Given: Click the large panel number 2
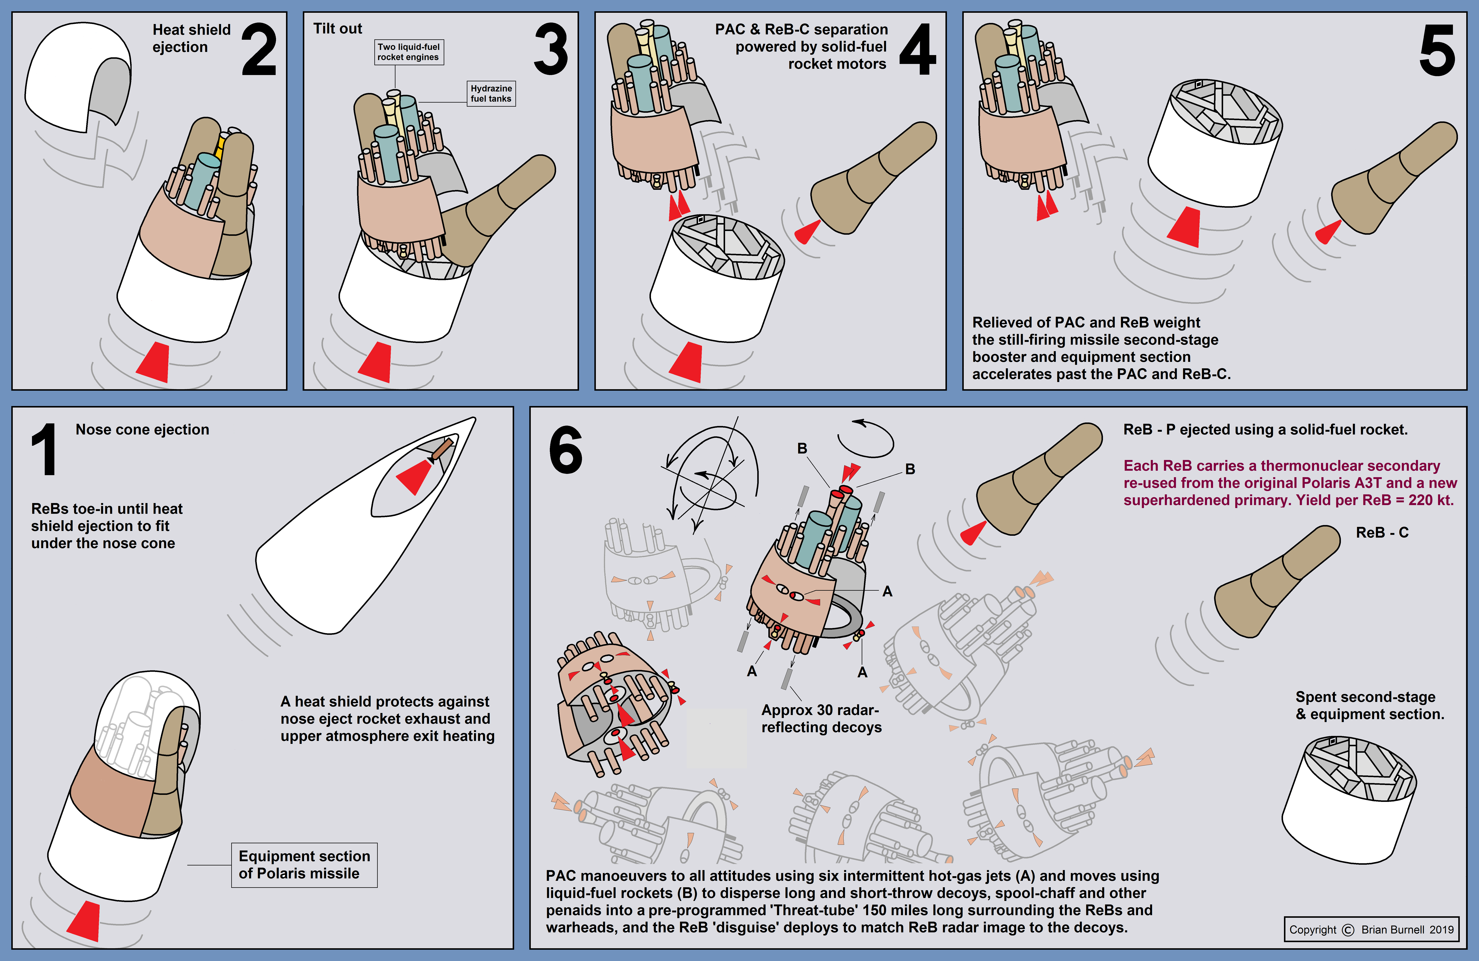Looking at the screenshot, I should [258, 50].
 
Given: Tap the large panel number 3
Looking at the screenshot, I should [551, 50].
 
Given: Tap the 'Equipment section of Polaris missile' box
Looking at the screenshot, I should [304, 865].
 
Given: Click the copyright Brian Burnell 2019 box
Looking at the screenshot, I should [1371, 929].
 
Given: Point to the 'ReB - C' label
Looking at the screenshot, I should [1382, 532].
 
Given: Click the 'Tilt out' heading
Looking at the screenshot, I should [337, 29].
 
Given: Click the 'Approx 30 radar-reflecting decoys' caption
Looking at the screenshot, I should [821, 719].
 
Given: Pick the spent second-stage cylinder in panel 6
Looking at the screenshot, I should [1348, 801].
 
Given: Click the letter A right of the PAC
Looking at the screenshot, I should [887, 591].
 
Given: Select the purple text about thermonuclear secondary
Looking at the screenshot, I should [1290, 483].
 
